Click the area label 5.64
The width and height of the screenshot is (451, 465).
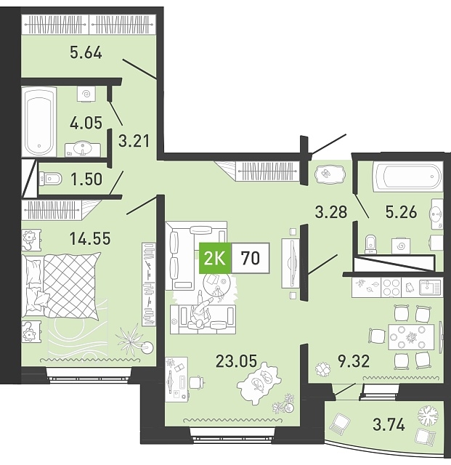click(86, 53)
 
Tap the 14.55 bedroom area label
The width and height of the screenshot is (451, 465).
click(90, 238)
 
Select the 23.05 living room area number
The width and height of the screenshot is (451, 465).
click(236, 361)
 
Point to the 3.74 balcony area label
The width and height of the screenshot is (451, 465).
click(389, 424)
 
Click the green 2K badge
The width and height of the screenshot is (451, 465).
click(215, 258)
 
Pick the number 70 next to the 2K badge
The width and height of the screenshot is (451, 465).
click(251, 258)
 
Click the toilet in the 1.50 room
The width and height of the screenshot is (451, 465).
click(50, 179)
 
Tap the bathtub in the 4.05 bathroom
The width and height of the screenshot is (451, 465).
click(39, 121)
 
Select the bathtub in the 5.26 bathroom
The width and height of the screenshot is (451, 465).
click(408, 177)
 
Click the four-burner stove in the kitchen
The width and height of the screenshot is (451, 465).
click(391, 288)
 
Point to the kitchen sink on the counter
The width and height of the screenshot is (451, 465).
click(430, 288)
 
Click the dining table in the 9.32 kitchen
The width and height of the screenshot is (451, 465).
click(411, 337)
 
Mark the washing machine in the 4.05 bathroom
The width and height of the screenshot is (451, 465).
click(86, 94)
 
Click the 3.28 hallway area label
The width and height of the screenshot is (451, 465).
click(331, 212)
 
